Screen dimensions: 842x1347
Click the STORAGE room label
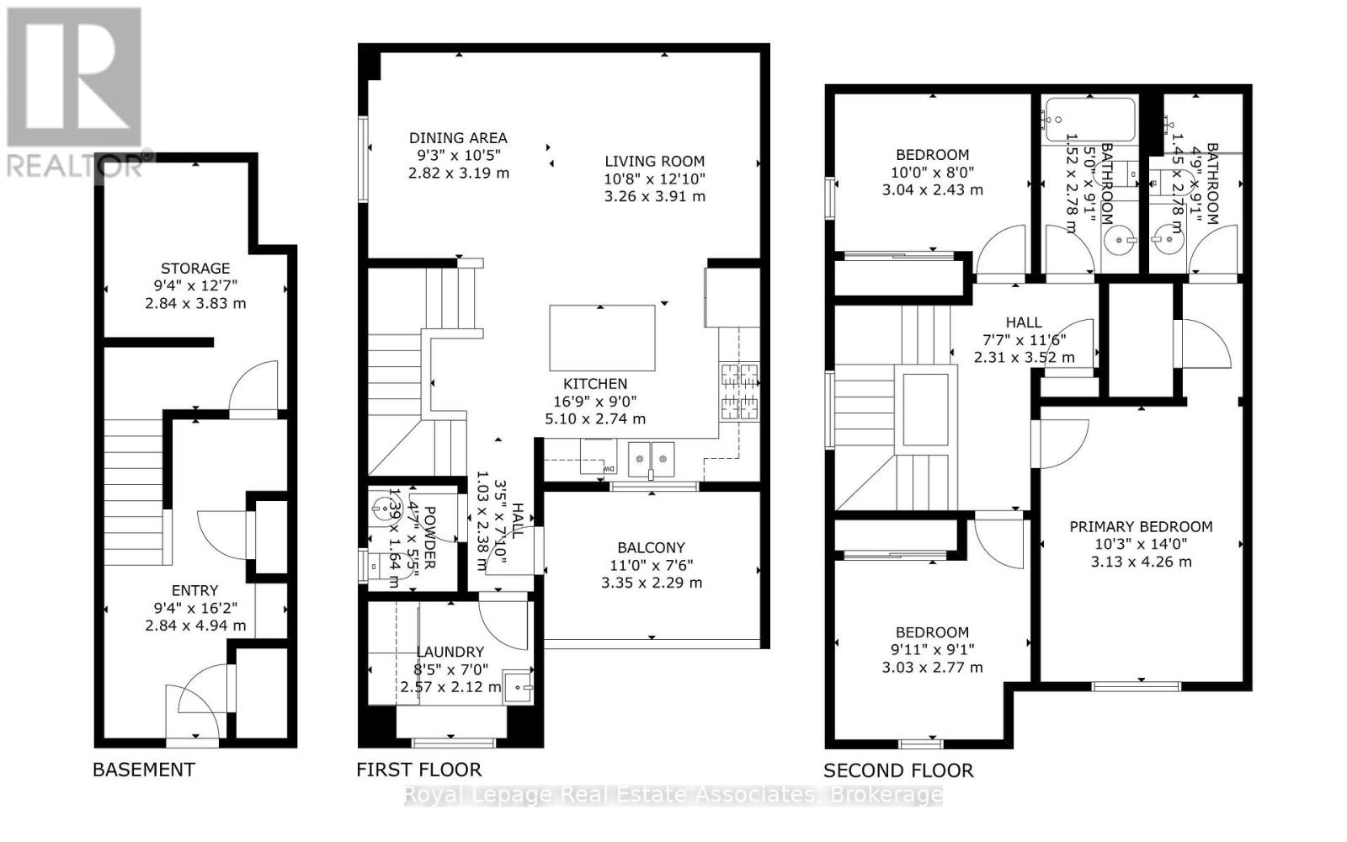195,269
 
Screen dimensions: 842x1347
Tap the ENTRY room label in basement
195,591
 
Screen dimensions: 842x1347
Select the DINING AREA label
458,138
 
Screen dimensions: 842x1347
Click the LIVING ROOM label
654,161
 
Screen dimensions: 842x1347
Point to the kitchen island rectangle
602,338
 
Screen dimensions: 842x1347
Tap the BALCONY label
651,547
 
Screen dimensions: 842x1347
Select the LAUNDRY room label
450,652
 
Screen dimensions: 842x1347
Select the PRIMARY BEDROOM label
1141,527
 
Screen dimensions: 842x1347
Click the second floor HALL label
1023,322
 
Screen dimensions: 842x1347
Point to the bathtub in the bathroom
1089,120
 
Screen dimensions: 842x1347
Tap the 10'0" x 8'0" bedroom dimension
932,172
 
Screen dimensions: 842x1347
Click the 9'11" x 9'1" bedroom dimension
932,650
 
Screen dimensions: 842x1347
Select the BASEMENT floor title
143,770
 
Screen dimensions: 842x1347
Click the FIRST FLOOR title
418,770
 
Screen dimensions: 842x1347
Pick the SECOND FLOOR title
897,770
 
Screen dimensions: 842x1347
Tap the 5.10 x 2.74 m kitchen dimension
595,419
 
